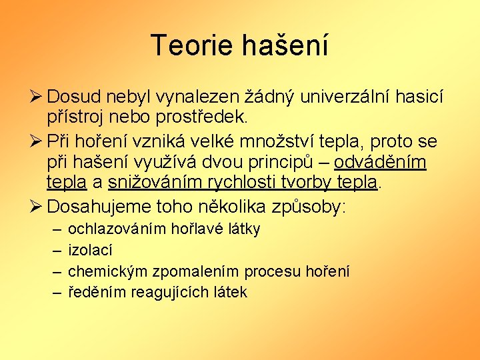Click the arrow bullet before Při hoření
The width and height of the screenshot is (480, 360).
coord(36,141)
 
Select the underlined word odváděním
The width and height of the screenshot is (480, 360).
coord(380,162)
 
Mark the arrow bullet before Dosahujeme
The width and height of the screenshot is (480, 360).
coord(36,205)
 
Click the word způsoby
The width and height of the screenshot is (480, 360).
coord(309,205)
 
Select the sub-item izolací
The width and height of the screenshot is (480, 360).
coord(91,251)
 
